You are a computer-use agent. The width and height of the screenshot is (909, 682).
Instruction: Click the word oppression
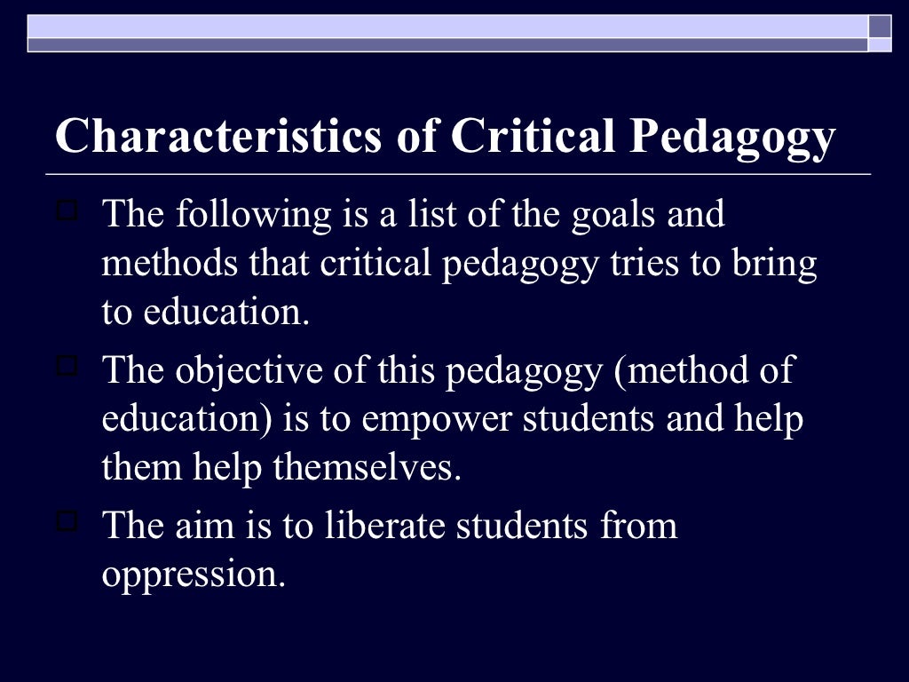coord(194,575)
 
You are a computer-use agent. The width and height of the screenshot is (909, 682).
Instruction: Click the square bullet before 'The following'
coord(67,211)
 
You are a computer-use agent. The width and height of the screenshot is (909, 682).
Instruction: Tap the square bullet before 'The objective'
coord(67,366)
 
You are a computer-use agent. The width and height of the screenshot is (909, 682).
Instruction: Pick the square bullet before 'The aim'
coord(67,521)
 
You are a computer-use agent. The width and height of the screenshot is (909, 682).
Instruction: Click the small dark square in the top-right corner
coord(880,26)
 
